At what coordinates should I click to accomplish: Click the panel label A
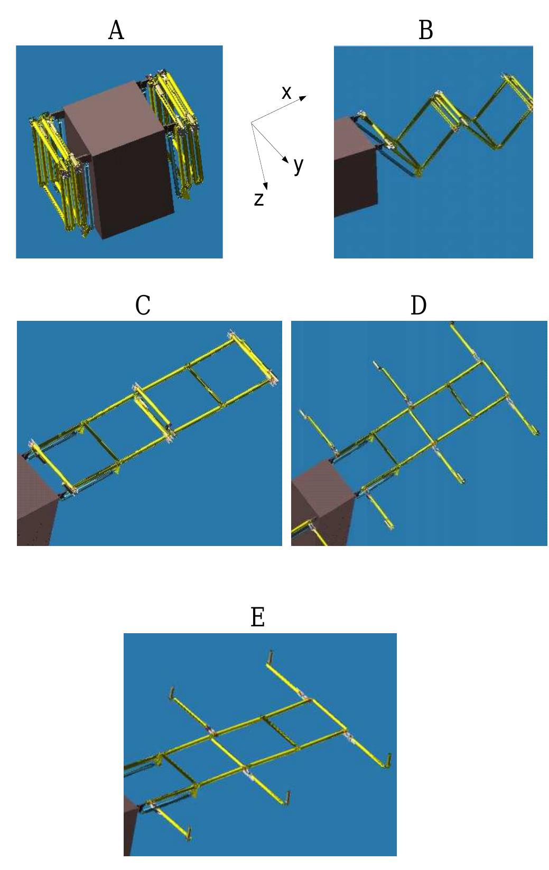116,31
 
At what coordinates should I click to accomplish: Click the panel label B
425,31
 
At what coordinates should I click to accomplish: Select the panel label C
143,306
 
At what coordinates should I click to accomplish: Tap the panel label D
418,306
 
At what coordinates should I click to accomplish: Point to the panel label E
257,617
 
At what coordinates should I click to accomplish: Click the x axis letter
286,93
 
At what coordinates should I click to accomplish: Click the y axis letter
299,165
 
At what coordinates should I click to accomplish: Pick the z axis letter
258,199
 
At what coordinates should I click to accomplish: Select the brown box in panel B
354,169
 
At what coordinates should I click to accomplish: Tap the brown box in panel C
35,502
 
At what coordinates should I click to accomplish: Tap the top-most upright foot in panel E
271,658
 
